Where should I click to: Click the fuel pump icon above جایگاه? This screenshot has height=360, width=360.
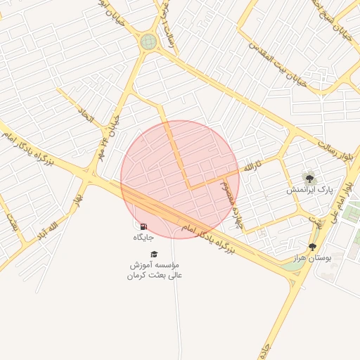click(144, 226)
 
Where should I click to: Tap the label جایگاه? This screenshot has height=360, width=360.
click(143, 238)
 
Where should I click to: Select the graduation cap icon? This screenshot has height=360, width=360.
click(155, 254)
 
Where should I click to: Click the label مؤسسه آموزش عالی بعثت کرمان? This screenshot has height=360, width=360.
click(155, 270)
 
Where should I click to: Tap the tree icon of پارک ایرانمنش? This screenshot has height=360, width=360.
click(309, 178)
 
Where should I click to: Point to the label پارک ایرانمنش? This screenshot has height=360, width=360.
click(308, 190)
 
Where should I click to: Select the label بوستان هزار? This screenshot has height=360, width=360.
click(312, 258)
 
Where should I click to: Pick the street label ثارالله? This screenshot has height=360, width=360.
click(252, 167)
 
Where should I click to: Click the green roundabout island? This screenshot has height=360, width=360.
click(148, 41)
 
